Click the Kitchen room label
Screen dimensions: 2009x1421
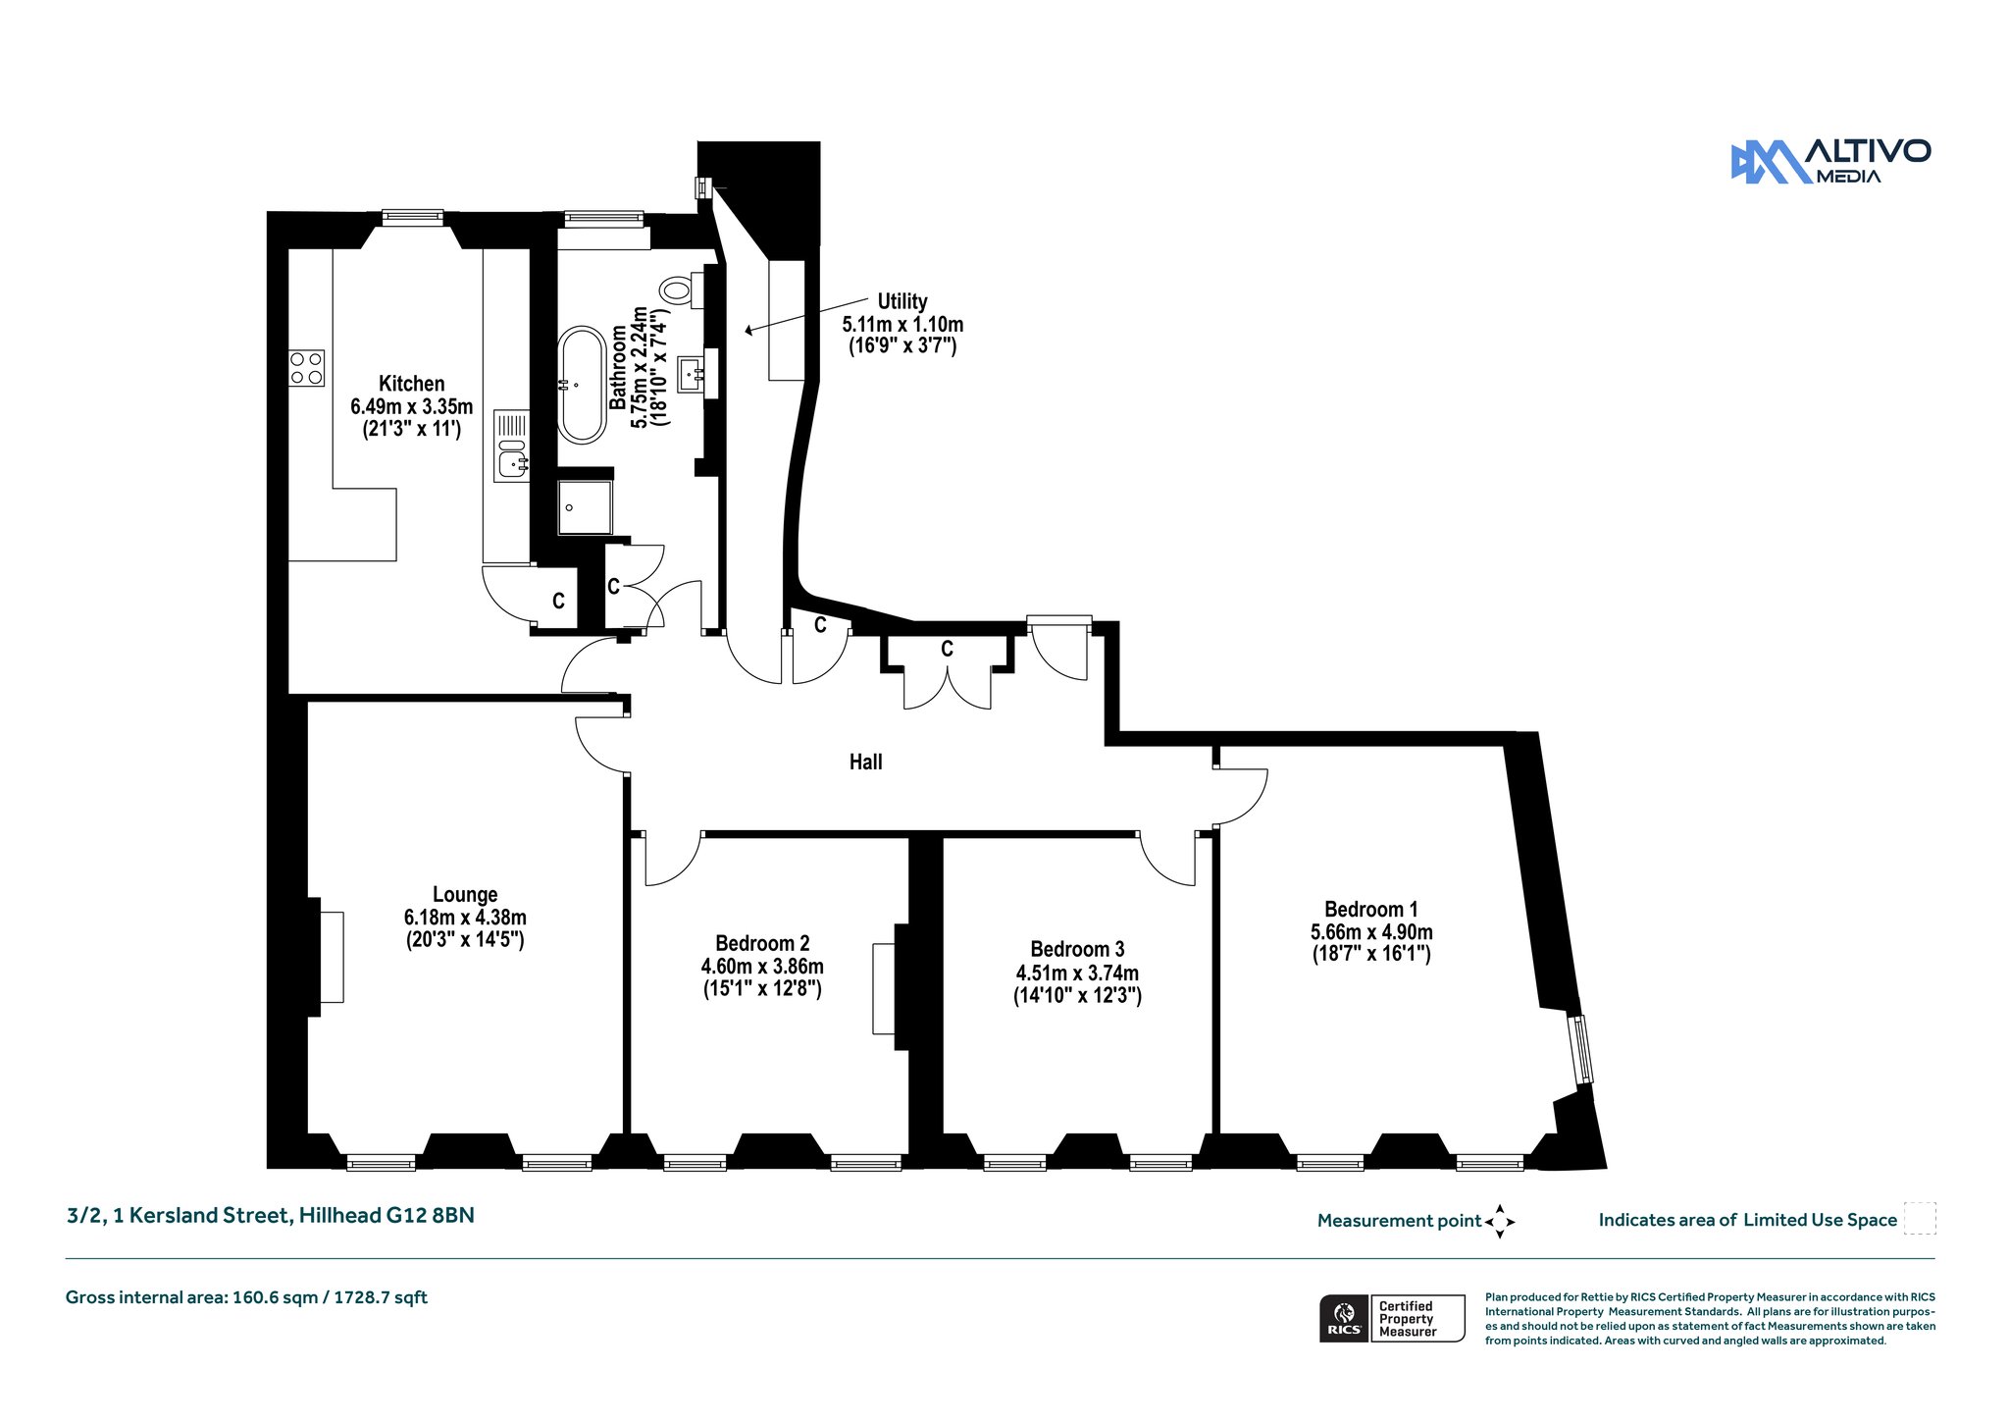click(x=412, y=384)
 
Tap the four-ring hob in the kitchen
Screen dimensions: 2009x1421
click(x=306, y=368)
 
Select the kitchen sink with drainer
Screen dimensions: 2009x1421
click(x=512, y=446)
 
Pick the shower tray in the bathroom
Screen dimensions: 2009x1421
click(x=585, y=507)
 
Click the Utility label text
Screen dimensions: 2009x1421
click(x=902, y=301)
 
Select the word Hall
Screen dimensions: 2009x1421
click(x=866, y=762)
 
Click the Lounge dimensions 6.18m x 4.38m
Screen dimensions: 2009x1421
click(x=465, y=918)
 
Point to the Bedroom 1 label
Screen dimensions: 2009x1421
click(x=1371, y=909)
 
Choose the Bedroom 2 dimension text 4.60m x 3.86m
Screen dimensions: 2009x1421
click(x=762, y=967)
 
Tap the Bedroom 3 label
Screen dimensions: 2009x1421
click(x=1077, y=949)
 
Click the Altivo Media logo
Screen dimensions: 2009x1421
click(x=1830, y=162)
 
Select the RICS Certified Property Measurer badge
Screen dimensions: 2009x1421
click(x=1392, y=1318)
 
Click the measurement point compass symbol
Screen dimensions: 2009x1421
click(x=1500, y=1222)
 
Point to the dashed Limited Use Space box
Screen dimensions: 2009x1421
click(x=1920, y=1218)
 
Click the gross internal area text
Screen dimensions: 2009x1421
click(x=246, y=1297)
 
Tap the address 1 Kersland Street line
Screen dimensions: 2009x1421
click(x=270, y=1215)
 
